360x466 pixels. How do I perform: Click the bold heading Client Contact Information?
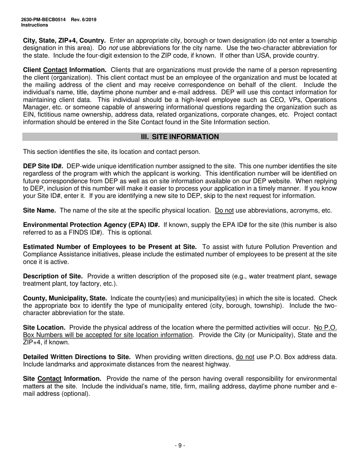[65, 70]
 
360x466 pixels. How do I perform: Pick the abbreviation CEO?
[254, 100]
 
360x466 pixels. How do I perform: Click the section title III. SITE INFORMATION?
[180, 137]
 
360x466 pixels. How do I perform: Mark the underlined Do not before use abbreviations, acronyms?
[224, 211]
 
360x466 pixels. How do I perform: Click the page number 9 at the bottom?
[180, 446]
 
